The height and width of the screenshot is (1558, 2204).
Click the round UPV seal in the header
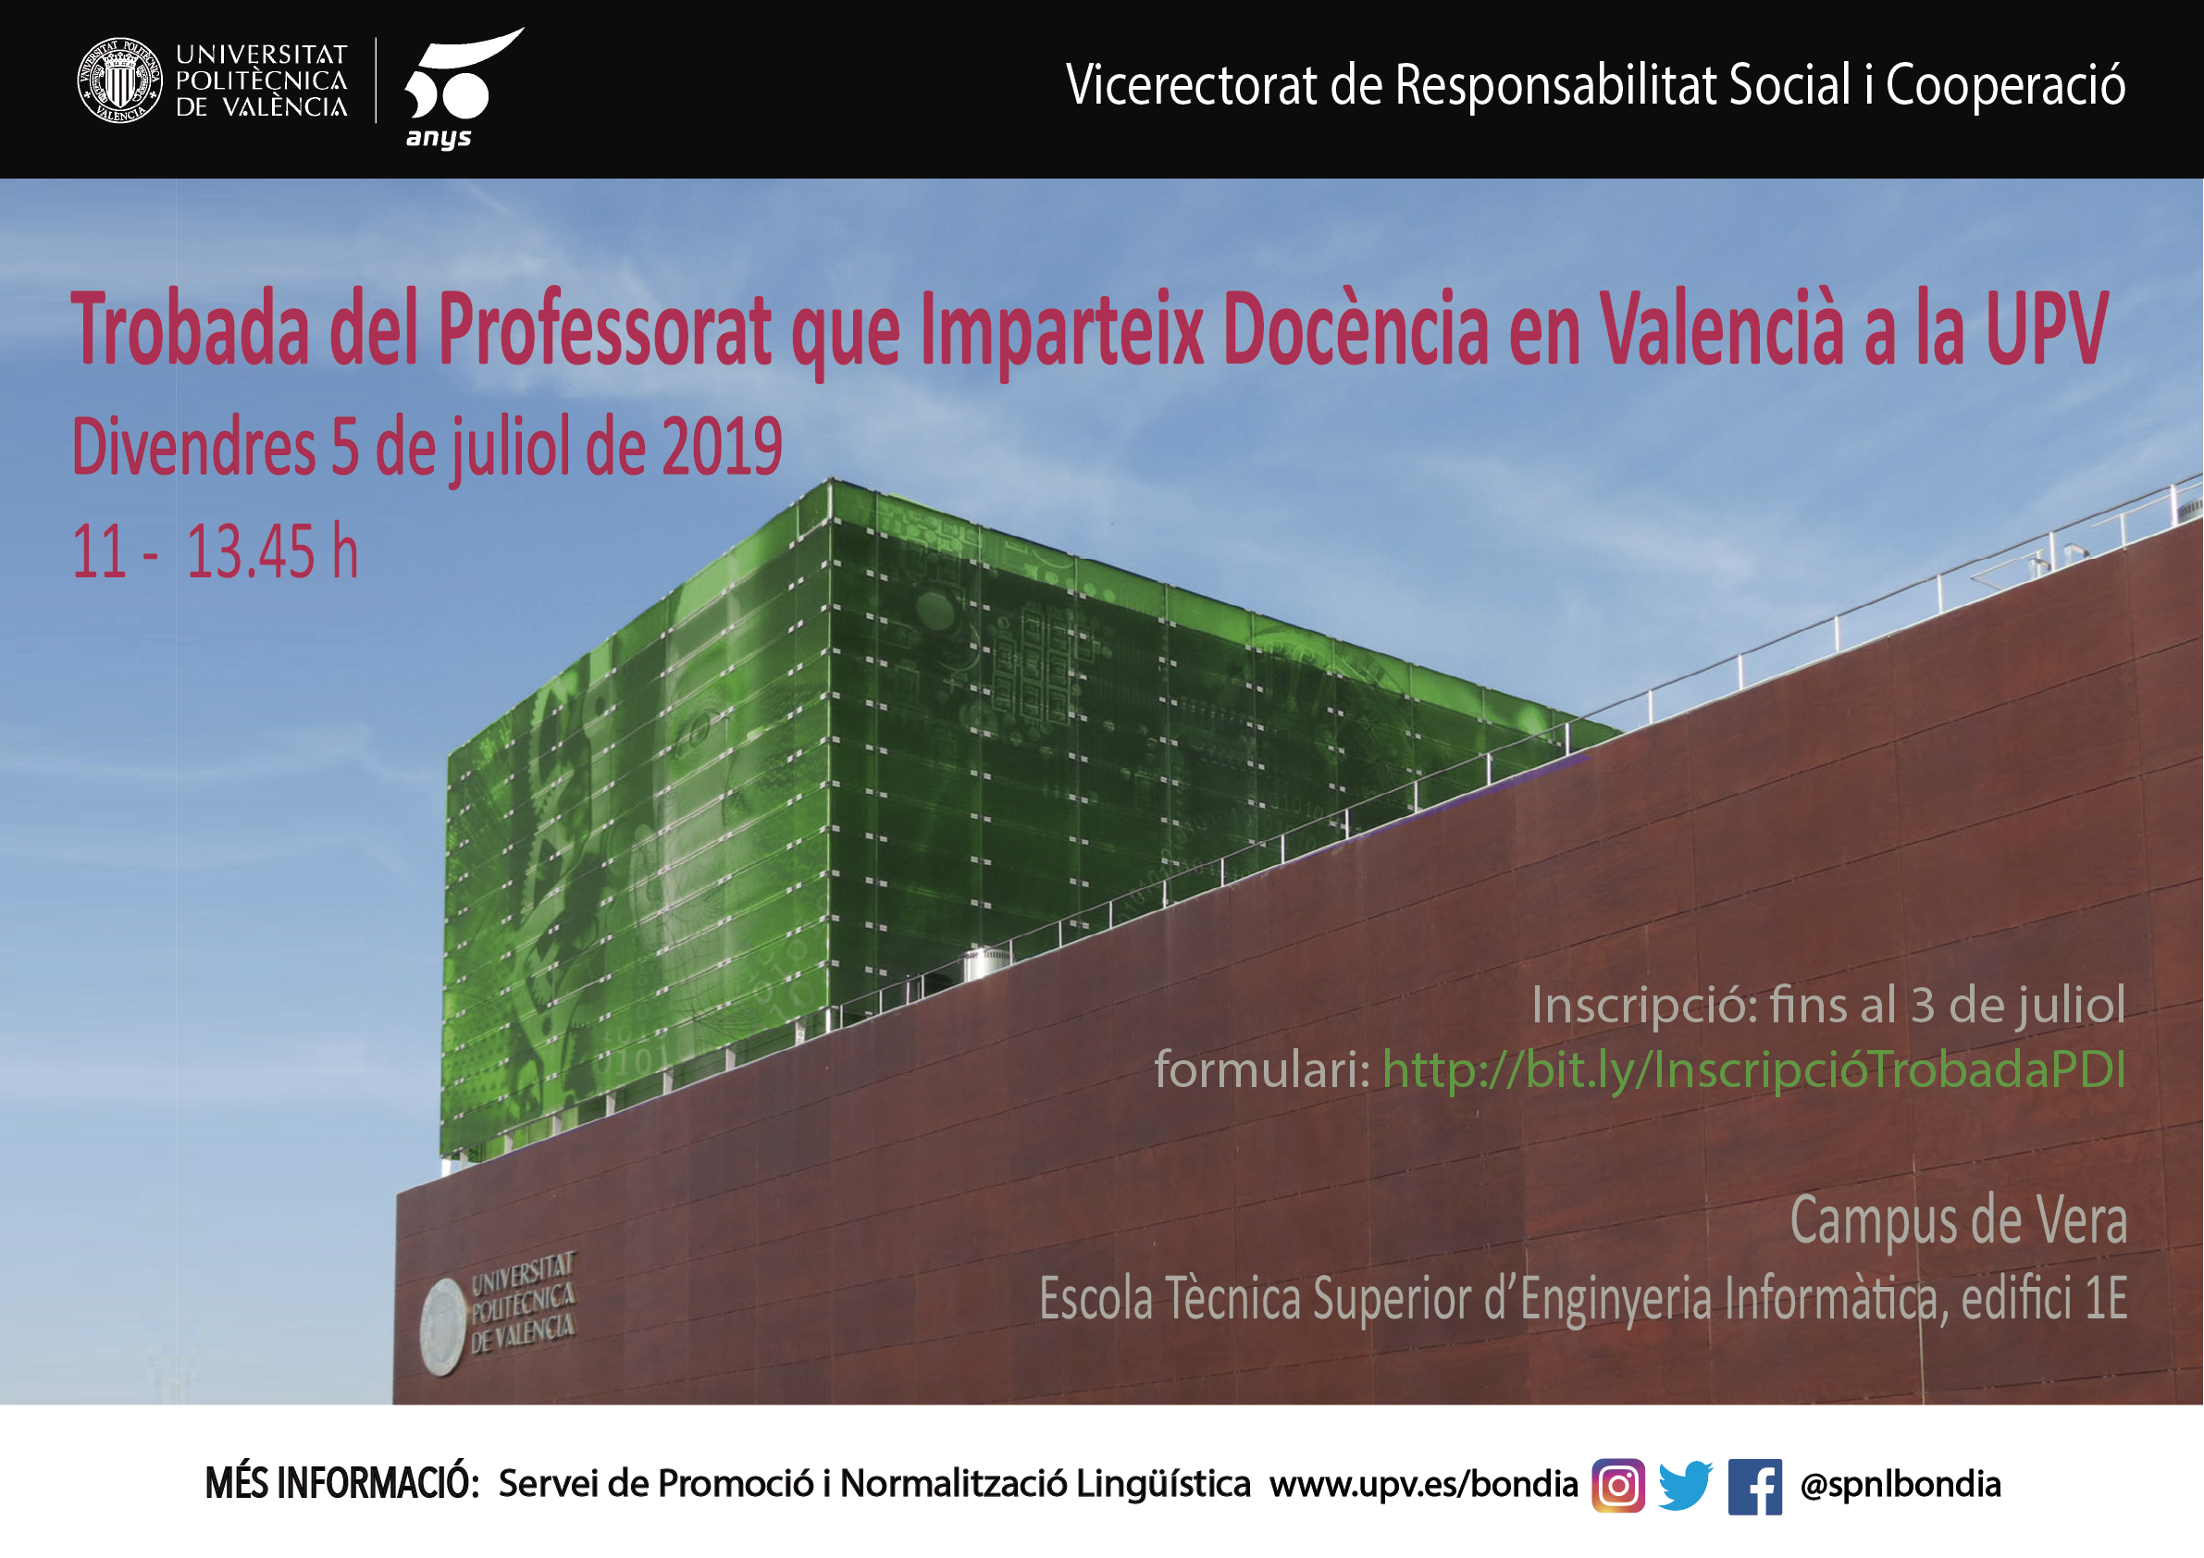click(x=120, y=80)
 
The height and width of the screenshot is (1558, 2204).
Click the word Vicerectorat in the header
click(x=1191, y=84)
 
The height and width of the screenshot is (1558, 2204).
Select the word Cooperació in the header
click(x=2005, y=84)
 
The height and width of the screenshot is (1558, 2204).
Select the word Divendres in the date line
click(x=194, y=448)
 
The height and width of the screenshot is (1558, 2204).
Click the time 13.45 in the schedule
click(x=251, y=552)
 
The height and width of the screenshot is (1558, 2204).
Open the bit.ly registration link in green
click(x=1753, y=1070)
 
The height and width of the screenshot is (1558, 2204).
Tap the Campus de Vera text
click(x=1959, y=1221)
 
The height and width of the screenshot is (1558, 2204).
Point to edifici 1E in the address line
click(x=2045, y=1298)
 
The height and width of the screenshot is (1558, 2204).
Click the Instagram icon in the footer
click(x=1618, y=1486)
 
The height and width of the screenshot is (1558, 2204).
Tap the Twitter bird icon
click(x=1686, y=1486)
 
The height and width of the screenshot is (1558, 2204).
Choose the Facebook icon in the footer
click(x=1754, y=1487)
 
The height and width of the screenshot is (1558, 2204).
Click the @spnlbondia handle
click(x=1901, y=1485)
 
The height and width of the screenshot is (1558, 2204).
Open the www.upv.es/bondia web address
click(x=1424, y=1484)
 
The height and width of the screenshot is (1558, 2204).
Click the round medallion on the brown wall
click(x=443, y=1327)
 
